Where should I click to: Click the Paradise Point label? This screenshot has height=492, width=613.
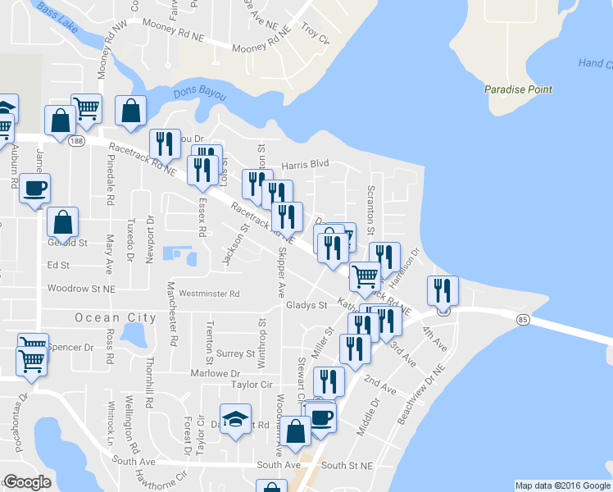click(518, 89)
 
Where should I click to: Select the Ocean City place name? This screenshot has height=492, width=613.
click(116, 317)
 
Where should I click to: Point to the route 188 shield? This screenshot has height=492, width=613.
click(76, 141)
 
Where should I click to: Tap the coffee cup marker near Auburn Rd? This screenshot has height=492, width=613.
click(35, 189)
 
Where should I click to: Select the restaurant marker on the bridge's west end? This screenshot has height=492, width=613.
click(443, 291)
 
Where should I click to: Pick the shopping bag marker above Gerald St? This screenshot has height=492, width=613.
click(63, 221)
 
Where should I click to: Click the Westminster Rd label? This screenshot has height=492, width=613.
click(209, 294)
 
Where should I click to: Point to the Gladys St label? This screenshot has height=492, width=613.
click(306, 305)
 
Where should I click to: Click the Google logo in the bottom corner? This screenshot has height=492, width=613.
click(28, 482)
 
